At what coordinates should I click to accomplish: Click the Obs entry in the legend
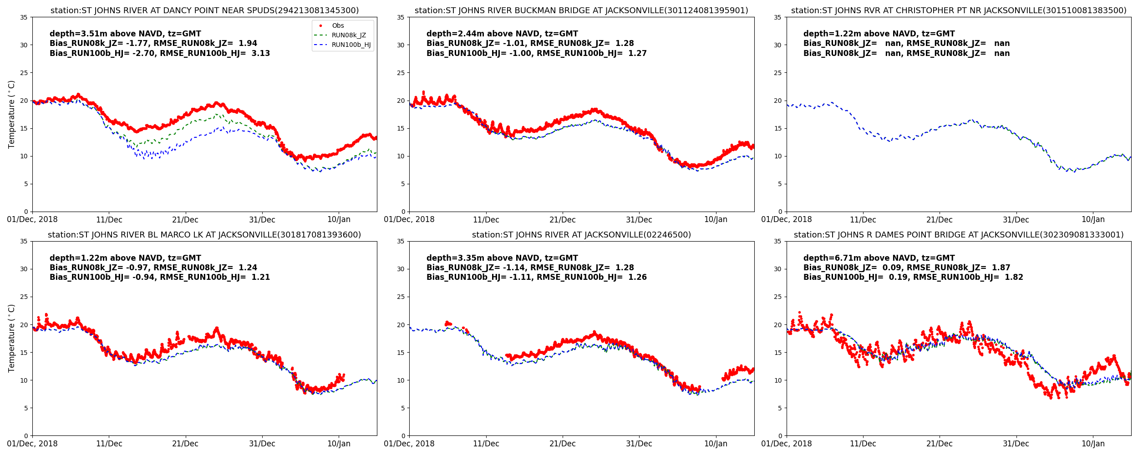pyautogui.click(x=337, y=26)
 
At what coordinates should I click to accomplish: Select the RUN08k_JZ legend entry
pyautogui.click(x=349, y=35)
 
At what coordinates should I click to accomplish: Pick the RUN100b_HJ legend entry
pyautogui.click(x=351, y=45)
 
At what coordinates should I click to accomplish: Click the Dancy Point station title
pyautogui.click(x=204, y=10)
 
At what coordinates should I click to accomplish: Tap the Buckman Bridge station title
pyautogui.click(x=581, y=10)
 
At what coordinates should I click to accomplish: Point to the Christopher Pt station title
pyautogui.click(x=959, y=10)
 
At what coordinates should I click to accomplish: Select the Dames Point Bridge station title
pyautogui.click(x=959, y=235)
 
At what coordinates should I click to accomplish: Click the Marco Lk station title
pyautogui.click(x=204, y=235)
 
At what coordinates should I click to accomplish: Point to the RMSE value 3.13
pyautogui.click(x=260, y=53)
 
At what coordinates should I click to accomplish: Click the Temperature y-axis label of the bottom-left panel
pyautogui.click(x=12, y=338)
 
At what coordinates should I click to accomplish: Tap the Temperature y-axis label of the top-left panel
pyautogui.click(x=12, y=114)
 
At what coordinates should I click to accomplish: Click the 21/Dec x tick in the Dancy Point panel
pyautogui.click(x=185, y=220)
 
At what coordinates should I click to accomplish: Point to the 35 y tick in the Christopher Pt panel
pyautogui.click(x=777, y=17)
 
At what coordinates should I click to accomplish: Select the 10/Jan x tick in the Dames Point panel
pyautogui.click(x=1093, y=444)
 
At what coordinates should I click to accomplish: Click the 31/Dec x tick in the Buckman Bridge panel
pyautogui.click(x=639, y=220)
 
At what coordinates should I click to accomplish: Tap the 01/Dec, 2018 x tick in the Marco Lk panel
pyautogui.click(x=32, y=444)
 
